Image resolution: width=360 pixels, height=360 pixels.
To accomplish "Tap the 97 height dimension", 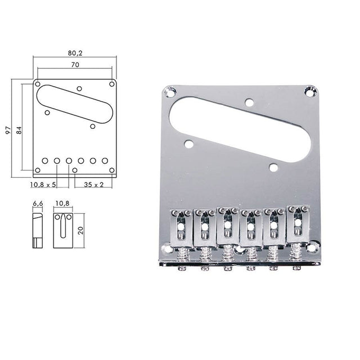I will click(7, 129).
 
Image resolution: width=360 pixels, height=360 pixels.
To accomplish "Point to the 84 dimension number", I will click(19, 129).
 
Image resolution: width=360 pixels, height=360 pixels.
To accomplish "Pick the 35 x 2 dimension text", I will click(93, 184).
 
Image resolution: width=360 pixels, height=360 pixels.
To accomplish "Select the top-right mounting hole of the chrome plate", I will click(309, 89).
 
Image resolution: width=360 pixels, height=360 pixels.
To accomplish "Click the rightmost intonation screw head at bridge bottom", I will click(295, 269).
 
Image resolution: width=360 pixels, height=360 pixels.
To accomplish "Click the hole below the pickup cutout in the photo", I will click(274, 166).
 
